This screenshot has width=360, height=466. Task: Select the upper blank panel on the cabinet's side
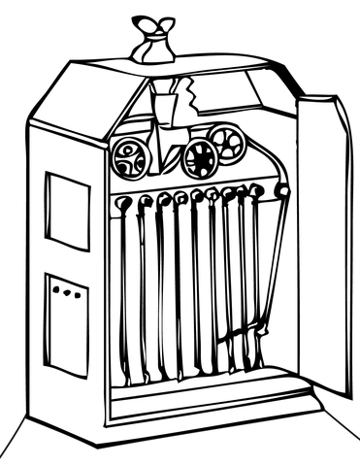[x=67, y=211]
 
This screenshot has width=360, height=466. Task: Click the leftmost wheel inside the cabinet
[x=127, y=156]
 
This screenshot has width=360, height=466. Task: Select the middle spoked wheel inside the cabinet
[x=200, y=157]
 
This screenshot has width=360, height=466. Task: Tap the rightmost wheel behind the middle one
[x=229, y=145]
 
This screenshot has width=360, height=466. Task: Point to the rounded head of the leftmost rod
[x=124, y=203]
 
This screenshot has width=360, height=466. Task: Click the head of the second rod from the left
[x=146, y=201]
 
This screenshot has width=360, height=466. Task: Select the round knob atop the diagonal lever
[x=283, y=191]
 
